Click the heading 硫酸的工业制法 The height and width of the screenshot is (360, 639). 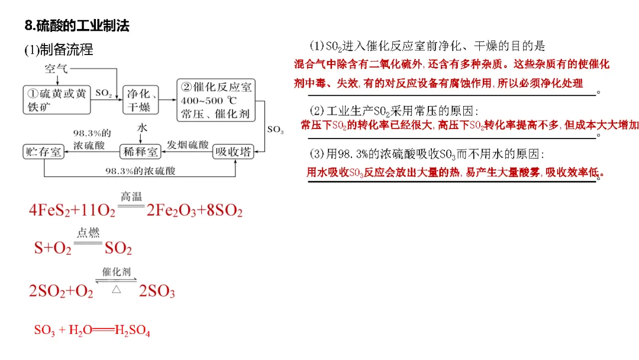coord(77,26)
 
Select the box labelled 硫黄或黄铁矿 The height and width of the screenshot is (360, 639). coord(57,99)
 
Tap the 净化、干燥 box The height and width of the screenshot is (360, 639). coord(141,99)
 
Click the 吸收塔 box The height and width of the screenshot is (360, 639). coord(233,152)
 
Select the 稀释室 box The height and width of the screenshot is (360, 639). coord(140,152)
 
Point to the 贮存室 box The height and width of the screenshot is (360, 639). coord(43,152)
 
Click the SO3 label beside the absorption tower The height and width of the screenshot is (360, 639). coord(275,130)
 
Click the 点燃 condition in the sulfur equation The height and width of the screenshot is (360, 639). coord(89,233)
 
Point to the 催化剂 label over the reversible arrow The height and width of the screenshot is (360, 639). coord(116,272)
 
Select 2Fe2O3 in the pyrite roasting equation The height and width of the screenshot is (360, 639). coord(170,211)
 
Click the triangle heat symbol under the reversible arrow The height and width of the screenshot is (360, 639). coord(117,289)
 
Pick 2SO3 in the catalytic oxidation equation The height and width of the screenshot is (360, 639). coord(157,291)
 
